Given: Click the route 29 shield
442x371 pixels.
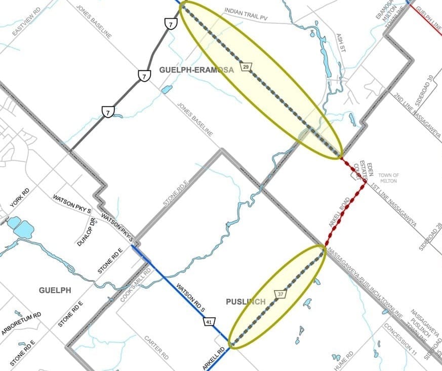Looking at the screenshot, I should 246,67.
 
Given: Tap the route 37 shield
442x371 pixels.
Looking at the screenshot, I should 281,294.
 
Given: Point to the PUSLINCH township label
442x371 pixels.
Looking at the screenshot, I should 246,302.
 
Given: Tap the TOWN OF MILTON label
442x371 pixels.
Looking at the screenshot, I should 388,178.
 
